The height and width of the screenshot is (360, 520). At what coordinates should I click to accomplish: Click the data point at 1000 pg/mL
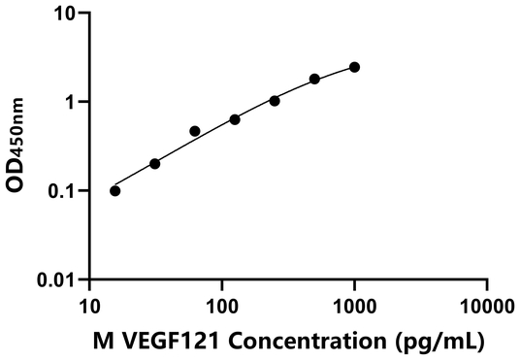(x=354, y=67)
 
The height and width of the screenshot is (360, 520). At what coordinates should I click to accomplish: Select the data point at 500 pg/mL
(x=314, y=79)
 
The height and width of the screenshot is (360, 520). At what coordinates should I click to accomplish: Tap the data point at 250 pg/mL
(x=275, y=100)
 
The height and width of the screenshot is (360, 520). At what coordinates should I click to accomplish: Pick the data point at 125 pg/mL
(x=235, y=119)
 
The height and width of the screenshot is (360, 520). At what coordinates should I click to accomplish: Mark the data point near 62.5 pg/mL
(x=195, y=131)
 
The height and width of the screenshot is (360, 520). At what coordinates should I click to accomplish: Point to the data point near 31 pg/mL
(x=155, y=163)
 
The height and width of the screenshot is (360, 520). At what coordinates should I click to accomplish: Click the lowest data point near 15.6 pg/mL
(x=115, y=190)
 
